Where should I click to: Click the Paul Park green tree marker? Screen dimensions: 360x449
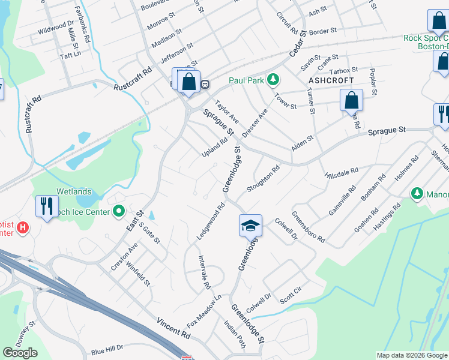[x=273, y=80]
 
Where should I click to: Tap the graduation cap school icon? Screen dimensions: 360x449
[x=250, y=226]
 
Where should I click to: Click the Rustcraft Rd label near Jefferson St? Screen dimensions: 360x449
[x=133, y=79]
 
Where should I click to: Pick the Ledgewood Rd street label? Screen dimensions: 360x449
[x=211, y=221]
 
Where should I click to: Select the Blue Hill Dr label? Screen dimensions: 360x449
[x=107, y=348]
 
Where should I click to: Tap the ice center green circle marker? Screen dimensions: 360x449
[x=119, y=211]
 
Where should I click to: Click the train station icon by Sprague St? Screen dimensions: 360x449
[x=205, y=84]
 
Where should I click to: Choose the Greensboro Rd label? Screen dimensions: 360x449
[x=309, y=226]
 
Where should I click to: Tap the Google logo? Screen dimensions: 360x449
[x=20, y=353]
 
